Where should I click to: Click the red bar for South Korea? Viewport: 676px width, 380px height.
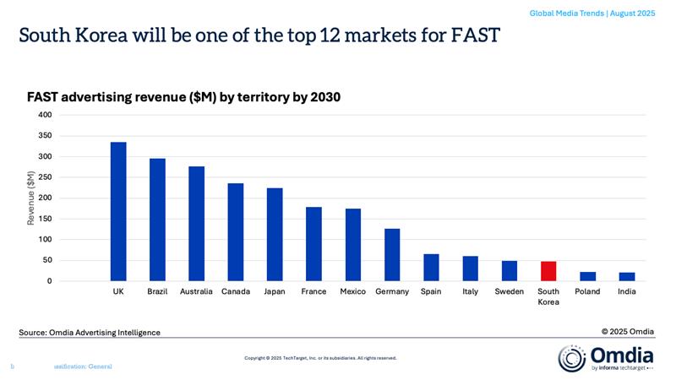tap(548, 271)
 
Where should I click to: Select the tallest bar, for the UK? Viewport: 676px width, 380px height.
tap(118, 211)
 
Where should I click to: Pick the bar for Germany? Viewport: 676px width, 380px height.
tap(392, 254)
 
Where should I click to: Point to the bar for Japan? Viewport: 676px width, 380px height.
tap(275, 234)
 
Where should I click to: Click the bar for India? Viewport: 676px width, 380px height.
tap(627, 276)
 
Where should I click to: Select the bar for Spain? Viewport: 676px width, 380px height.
tap(431, 267)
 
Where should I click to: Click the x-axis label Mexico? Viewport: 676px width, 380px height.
tap(353, 291)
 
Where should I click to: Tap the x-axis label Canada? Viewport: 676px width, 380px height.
tap(235, 291)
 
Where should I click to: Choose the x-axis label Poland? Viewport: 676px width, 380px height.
tap(587, 291)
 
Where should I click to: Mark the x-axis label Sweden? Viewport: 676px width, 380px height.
tap(510, 291)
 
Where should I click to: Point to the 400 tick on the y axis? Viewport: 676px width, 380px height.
tap(44, 115)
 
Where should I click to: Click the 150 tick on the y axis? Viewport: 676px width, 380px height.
tap(44, 219)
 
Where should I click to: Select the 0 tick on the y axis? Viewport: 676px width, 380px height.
tap(49, 281)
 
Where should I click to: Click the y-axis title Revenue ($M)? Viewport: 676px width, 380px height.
tap(31, 198)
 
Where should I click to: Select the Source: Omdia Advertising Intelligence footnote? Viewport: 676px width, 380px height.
tap(90, 333)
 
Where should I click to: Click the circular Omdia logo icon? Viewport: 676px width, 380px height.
tap(570, 357)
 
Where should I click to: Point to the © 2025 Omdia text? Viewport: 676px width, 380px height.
tap(627, 330)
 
